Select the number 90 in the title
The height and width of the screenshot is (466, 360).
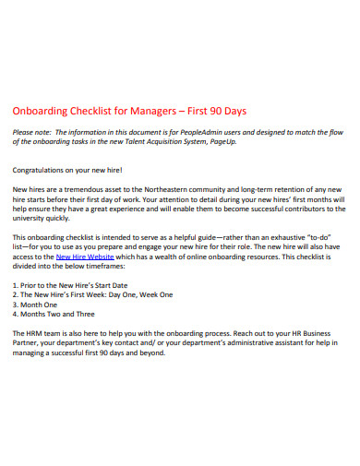(x=224, y=113)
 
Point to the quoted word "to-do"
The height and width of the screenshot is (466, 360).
(x=320, y=237)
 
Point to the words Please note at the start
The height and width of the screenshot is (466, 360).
(x=31, y=132)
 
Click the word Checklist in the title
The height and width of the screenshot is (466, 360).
(x=102, y=113)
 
